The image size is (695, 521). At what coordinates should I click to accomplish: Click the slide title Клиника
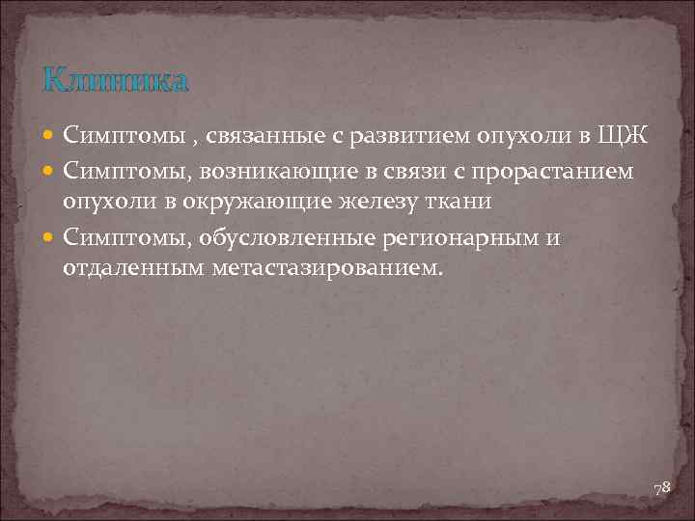click(116, 80)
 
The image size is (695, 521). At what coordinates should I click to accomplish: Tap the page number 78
click(661, 489)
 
